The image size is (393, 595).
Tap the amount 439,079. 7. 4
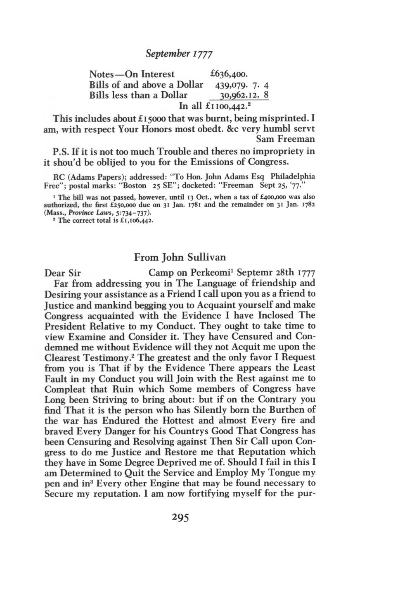click(242, 85)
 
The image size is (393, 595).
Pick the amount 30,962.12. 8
click(245, 95)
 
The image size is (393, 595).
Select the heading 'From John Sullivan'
click(180, 257)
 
